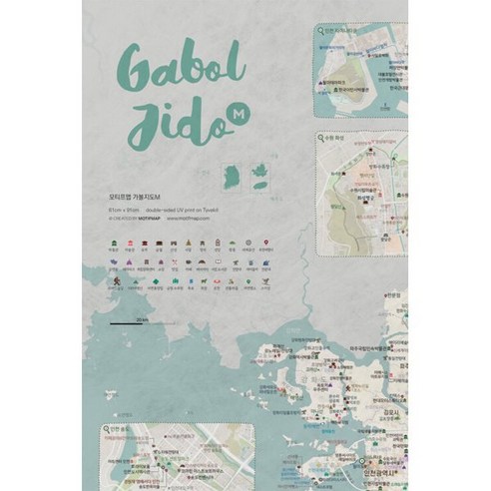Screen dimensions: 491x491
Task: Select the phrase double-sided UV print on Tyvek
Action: pos(182,212)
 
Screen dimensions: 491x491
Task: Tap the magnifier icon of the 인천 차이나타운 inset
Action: pos(324,29)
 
